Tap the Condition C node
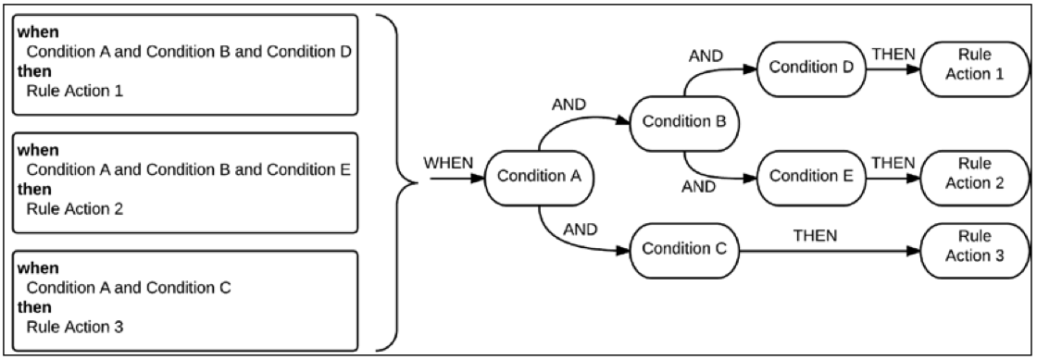683,249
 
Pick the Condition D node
811,68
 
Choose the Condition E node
811,177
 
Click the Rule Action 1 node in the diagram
974,68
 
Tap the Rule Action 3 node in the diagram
974,247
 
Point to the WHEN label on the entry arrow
448,163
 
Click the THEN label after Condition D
893,54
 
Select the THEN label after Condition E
893,163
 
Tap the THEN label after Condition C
815,235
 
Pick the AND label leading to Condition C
581,230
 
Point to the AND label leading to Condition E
699,187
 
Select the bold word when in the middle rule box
38,150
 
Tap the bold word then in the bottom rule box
34,306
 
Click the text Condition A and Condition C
129,287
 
